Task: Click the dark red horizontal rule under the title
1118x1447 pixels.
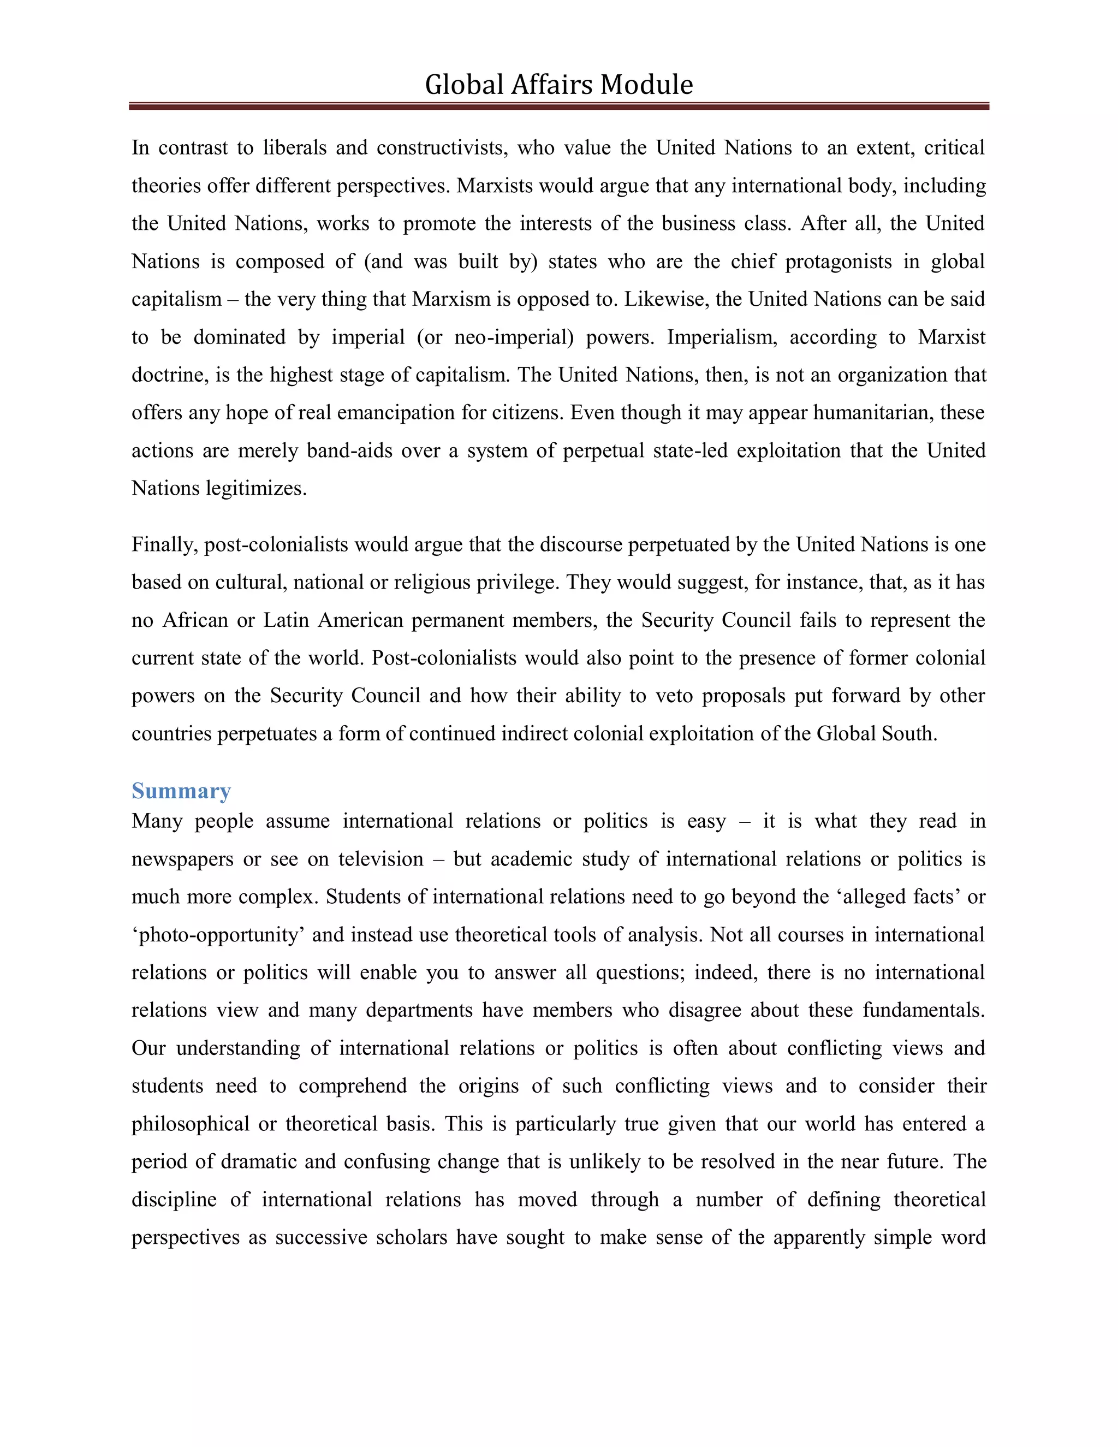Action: [x=558, y=106]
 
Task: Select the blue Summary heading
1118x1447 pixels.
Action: [x=181, y=791]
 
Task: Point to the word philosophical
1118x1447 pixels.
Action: [x=190, y=1124]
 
